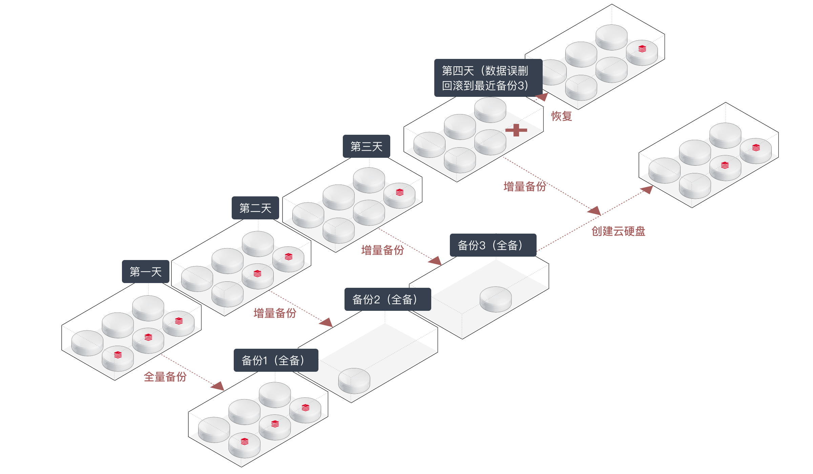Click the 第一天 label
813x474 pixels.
[146, 272]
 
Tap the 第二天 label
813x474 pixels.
[255, 208]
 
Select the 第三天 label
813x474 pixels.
[366, 146]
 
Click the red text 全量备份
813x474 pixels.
[165, 376]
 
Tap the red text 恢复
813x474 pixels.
[561, 116]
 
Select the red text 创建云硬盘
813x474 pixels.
[618, 231]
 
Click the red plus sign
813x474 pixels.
[516, 130]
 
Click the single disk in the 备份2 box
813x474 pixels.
[354, 380]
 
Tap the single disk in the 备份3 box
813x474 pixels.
[496, 299]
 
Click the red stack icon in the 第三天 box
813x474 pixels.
[400, 192]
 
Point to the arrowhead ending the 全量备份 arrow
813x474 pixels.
[219, 386]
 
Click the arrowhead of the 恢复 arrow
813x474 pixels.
[543, 96]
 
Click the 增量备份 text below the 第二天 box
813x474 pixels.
[275, 313]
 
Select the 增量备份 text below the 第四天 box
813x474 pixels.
[525, 186]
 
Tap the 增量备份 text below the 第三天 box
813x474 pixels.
[382, 250]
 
